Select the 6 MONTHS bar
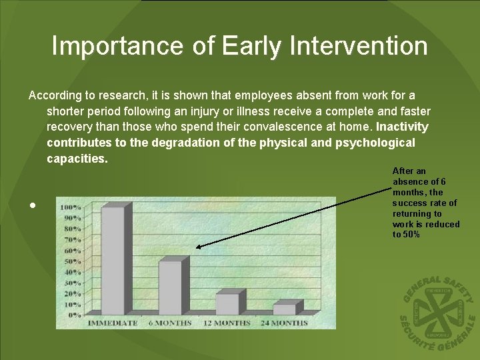tap(171, 287)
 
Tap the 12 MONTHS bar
tap(227, 303)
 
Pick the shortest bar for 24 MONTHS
tap(285, 309)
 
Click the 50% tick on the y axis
tap(73, 261)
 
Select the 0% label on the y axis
tap(75, 315)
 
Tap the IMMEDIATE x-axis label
tap(112, 323)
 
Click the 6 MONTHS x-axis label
tap(169, 323)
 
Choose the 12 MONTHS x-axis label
tap(227, 323)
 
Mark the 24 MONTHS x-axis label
tap(284, 323)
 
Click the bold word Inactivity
tap(402, 127)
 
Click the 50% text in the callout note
tap(411, 234)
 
